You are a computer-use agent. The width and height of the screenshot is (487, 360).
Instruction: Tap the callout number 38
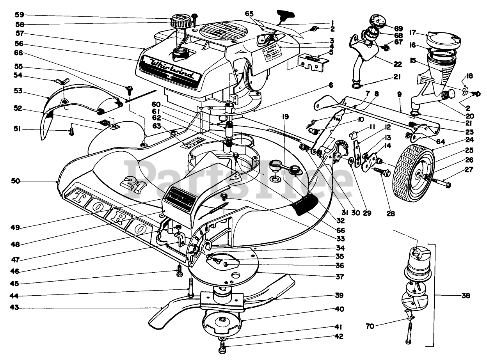click(466, 296)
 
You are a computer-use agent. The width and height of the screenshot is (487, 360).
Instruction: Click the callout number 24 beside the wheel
click(469, 140)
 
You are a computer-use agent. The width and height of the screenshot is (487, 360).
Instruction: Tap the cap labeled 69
click(380, 20)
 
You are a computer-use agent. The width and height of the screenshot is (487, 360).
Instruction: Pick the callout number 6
click(331, 85)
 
